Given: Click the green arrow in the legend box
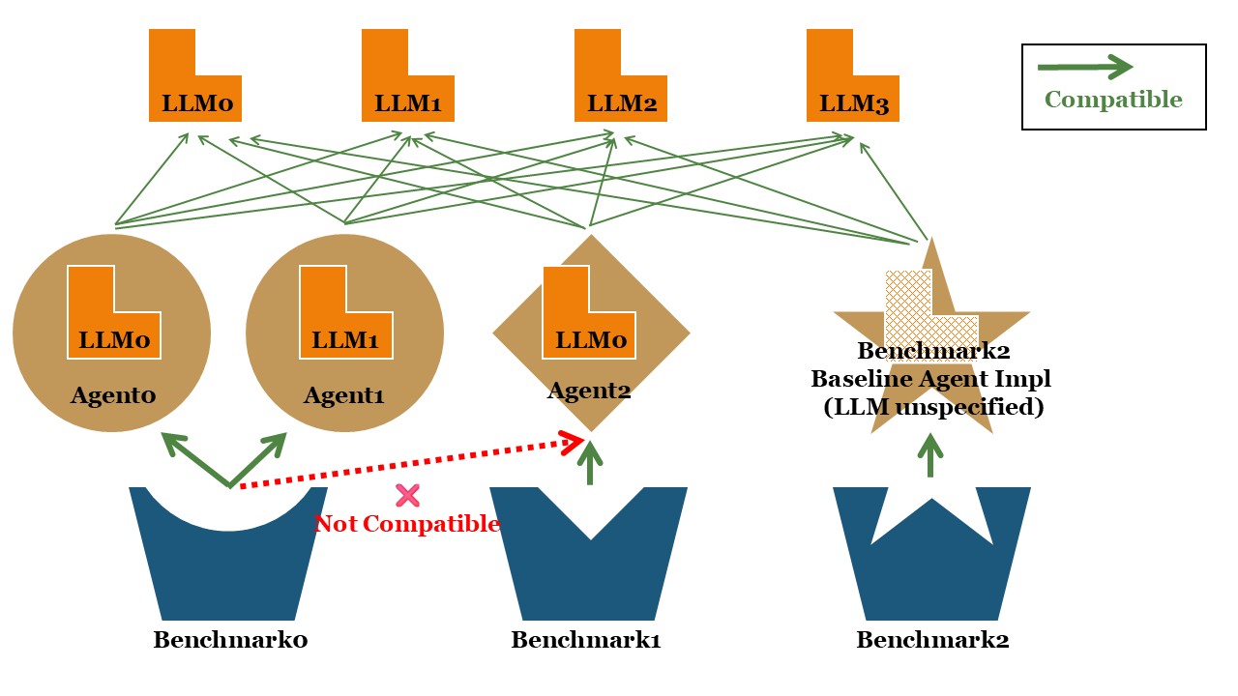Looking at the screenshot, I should tap(1084, 67).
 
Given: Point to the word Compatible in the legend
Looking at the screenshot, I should tap(1113, 100).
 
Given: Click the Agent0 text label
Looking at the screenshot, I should tap(112, 395).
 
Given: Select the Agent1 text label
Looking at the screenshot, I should tap(344, 395).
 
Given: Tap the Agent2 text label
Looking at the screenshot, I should tap(589, 391).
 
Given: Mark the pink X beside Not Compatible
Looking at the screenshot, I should tap(407, 496).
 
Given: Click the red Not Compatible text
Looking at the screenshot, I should tap(407, 524).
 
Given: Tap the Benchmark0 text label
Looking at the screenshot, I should tap(230, 640).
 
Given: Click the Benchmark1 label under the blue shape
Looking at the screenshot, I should tap(586, 640).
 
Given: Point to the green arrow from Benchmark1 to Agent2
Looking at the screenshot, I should tap(590, 465).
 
